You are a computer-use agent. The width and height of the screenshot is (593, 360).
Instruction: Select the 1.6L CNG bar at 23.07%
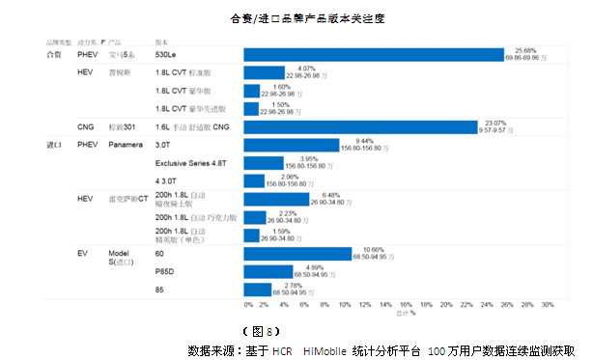(360, 127)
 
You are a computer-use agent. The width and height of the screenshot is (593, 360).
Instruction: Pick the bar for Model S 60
(298, 253)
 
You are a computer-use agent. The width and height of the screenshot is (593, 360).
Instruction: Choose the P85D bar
(268, 271)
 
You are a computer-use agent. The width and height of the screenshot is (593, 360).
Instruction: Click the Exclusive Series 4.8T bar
(264, 163)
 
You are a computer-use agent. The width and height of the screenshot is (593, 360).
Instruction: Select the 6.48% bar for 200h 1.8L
(276, 200)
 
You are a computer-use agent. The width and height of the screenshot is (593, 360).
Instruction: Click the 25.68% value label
(525, 49)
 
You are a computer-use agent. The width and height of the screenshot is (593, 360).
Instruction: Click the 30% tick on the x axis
(547, 304)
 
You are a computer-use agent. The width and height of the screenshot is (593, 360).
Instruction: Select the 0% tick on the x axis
(248, 304)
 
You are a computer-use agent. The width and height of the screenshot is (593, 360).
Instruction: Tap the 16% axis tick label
(407, 304)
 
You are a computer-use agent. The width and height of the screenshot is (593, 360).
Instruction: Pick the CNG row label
(85, 127)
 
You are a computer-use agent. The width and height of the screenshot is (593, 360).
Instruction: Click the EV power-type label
(82, 253)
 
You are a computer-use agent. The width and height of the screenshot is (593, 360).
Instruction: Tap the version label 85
(159, 289)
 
